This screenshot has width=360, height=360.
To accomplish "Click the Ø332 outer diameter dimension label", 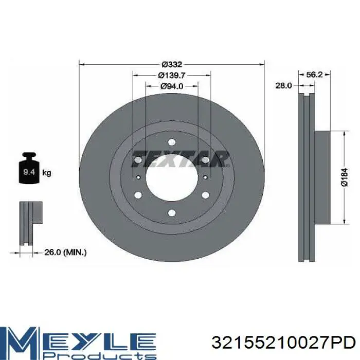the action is [x=172, y=64].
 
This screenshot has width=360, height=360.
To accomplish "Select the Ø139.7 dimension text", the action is [x=172, y=75].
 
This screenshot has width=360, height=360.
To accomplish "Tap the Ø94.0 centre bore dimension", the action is [x=172, y=86].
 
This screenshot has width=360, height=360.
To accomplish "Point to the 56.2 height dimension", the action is [x=314, y=75].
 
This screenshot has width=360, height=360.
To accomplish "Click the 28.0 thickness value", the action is [x=283, y=86].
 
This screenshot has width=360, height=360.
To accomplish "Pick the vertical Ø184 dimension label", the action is [x=345, y=177].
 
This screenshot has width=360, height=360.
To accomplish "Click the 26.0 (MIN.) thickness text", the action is [x=65, y=253].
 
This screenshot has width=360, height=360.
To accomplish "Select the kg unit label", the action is [x=47, y=173].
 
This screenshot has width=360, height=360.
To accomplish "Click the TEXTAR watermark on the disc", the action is [x=180, y=158].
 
